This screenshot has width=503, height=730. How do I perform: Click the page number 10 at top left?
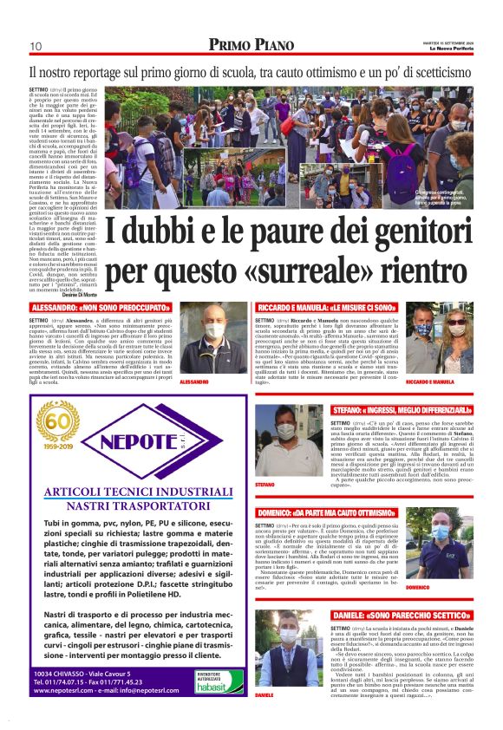[x=36, y=46]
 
